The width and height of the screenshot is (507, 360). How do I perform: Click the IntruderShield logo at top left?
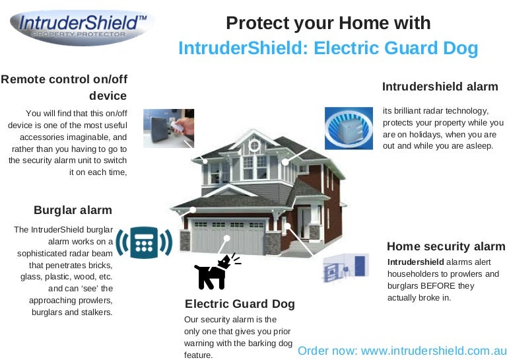[x=83, y=27]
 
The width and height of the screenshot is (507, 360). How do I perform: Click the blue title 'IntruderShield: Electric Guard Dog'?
[x=328, y=48]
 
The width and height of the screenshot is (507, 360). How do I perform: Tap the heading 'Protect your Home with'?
[x=328, y=23]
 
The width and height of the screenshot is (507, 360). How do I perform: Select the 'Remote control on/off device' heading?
[x=64, y=87]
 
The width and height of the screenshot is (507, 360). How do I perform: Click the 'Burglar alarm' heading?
[x=73, y=210]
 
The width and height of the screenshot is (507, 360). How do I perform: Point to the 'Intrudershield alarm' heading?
[x=440, y=87]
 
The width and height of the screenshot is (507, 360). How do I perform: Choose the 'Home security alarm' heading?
[x=446, y=246]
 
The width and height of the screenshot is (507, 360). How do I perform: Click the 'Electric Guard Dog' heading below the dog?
[x=240, y=304]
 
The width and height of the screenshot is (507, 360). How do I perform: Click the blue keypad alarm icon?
[x=144, y=242]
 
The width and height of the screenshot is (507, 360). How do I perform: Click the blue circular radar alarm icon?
[x=349, y=127]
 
